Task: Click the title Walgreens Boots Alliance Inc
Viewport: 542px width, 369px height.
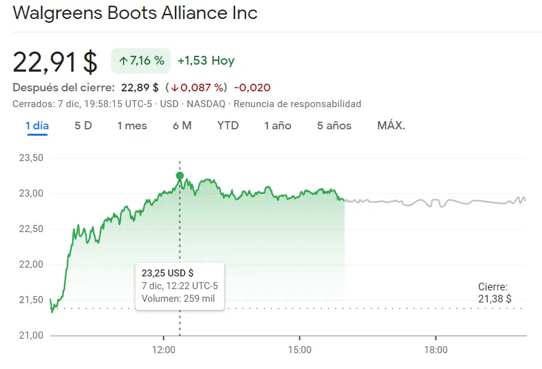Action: (135, 13)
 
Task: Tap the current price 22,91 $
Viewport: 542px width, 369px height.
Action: (55, 61)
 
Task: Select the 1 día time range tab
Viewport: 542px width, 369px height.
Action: (37, 126)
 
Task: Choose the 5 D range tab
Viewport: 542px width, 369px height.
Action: (83, 126)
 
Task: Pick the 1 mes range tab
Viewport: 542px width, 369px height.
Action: (132, 126)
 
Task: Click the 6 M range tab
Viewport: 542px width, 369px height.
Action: (182, 126)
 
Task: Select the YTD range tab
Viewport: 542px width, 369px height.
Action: (228, 126)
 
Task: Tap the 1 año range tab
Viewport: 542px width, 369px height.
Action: (278, 126)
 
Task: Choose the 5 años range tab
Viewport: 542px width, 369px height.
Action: (334, 126)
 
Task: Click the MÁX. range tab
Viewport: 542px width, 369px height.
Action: (391, 126)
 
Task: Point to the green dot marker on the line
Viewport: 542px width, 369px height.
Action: (180, 176)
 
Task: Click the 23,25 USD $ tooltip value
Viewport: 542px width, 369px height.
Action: (168, 273)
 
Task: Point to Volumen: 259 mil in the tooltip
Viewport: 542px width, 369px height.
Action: (178, 299)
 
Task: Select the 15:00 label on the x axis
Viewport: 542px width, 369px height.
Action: (299, 350)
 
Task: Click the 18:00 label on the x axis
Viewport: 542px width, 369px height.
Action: (436, 350)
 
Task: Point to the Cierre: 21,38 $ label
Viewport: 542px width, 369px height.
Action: (494, 293)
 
